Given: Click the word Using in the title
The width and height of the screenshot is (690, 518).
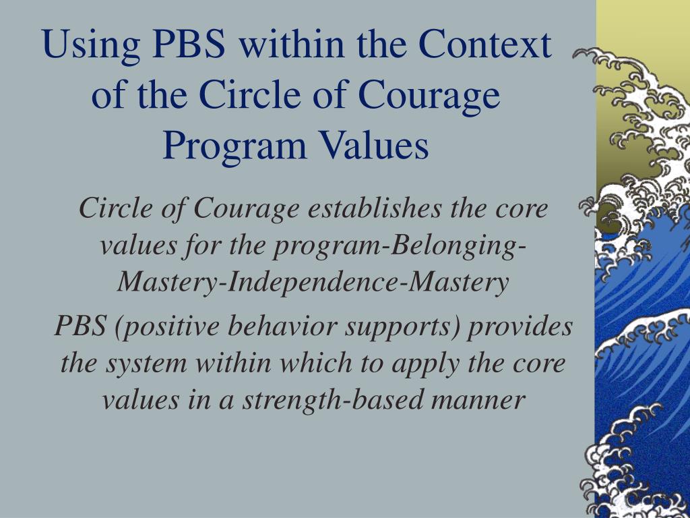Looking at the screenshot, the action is tap(91, 45).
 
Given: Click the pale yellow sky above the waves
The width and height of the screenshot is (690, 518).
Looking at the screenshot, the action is tap(642, 22).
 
